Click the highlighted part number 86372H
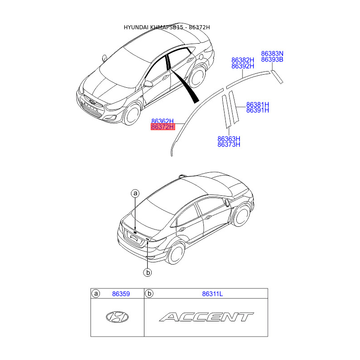tap(162, 127)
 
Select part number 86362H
tap(162, 121)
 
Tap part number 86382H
tap(243, 60)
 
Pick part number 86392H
tap(243, 66)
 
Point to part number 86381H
tap(257, 105)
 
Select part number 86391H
tap(257, 111)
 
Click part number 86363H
tap(229, 139)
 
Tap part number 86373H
tap(229, 145)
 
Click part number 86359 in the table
tap(121, 294)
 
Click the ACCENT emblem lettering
tap(206, 317)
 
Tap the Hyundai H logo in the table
tap(117, 317)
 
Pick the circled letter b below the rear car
tap(147, 272)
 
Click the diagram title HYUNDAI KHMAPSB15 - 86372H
tap(166, 27)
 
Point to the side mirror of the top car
tap(148, 84)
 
